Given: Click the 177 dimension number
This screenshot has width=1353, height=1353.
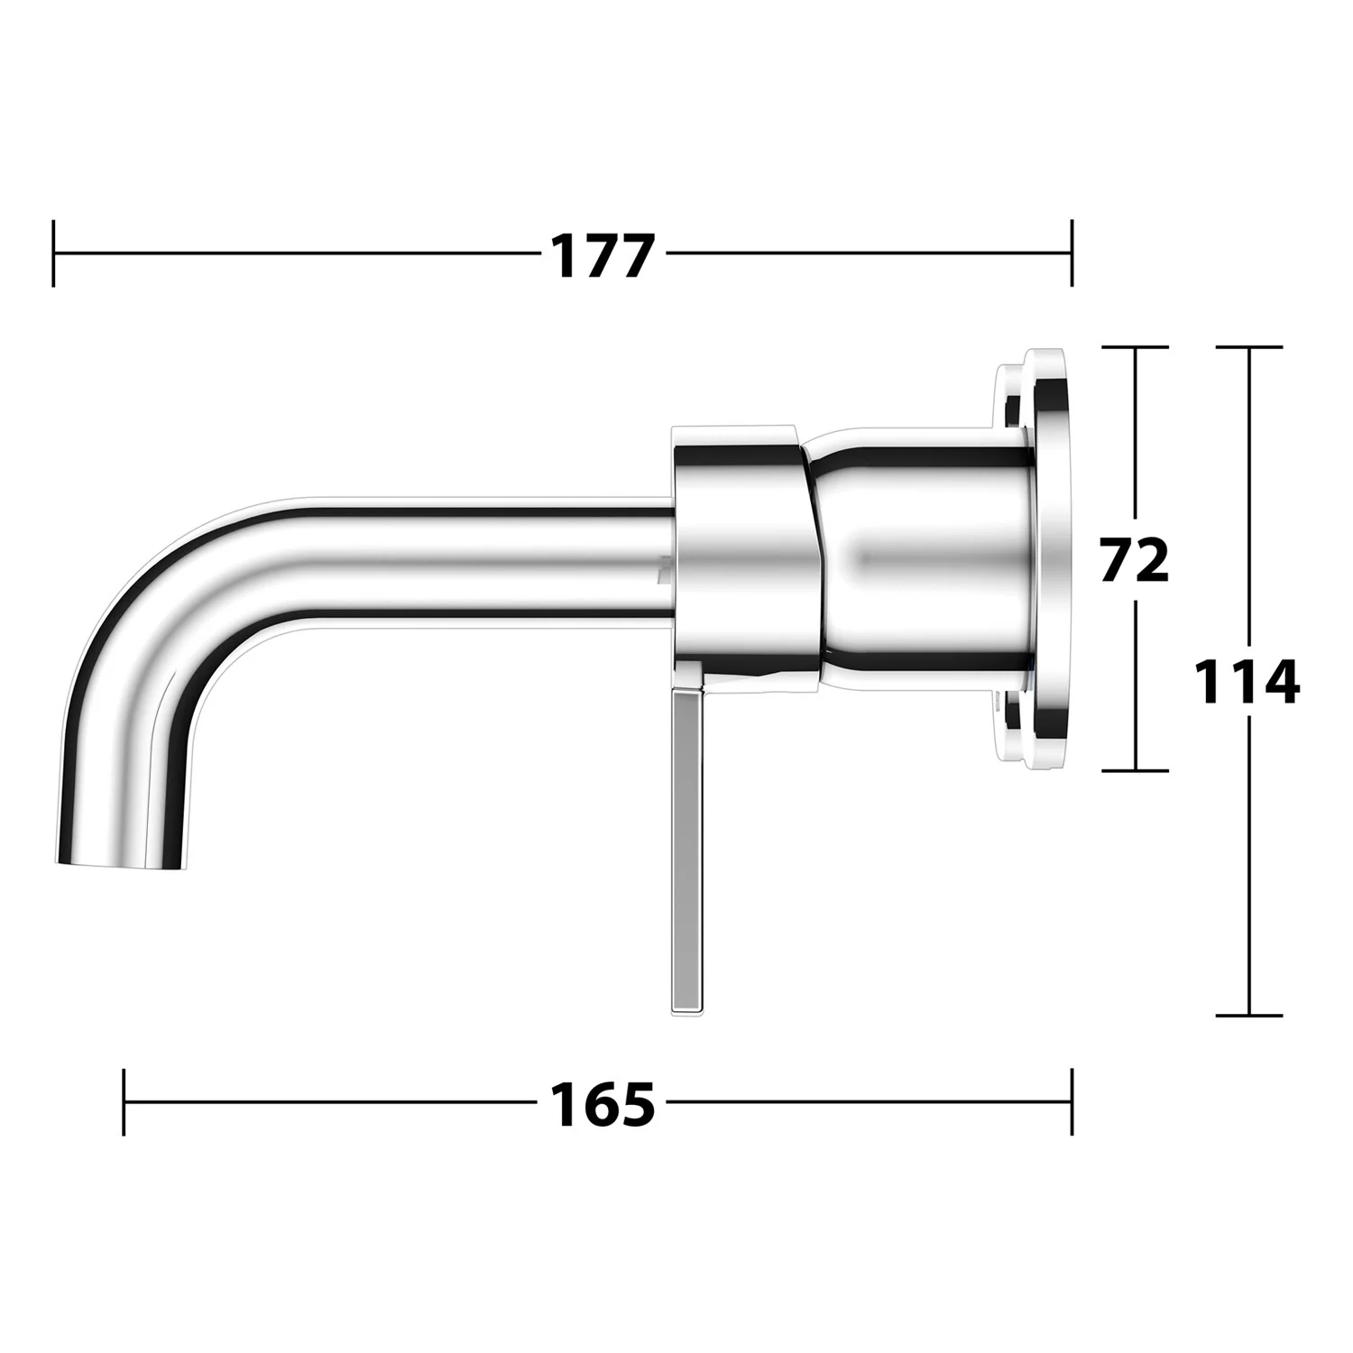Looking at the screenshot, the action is point(602,255).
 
